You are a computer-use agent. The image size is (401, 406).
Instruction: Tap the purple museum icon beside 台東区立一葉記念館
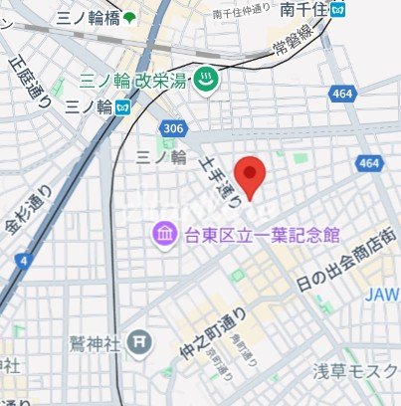[161, 234]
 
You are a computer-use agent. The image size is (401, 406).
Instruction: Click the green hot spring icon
[206, 82]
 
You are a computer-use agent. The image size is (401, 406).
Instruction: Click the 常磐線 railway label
[289, 50]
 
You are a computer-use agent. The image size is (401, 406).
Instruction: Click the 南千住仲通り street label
[242, 11]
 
